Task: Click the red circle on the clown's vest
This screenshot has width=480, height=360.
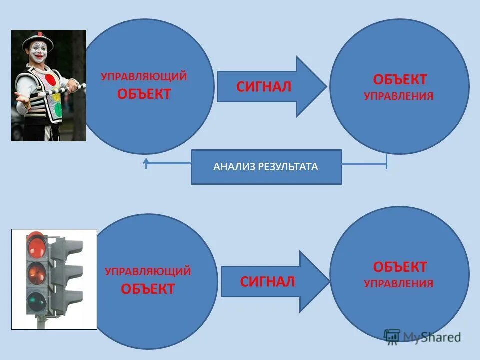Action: [51, 80]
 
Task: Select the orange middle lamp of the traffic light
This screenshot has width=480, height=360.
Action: [36, 272]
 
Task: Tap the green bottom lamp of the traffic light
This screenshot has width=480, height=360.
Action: [36, 301]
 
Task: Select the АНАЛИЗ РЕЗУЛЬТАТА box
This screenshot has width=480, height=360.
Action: [266, 167]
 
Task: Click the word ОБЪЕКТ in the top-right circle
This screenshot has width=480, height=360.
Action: [400, 79]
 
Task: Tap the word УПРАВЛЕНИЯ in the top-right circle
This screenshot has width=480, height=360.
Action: [398, 96]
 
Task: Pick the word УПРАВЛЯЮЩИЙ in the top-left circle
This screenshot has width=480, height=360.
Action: [144, 77]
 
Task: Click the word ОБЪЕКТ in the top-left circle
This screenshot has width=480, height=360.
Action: [144, 94]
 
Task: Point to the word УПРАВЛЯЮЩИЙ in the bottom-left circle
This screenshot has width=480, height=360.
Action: [148, 272]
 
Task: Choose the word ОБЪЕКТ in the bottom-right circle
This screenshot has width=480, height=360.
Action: [400, 266]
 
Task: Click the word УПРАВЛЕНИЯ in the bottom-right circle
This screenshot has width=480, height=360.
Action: [398, 284]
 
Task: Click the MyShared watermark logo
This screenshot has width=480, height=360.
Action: [422, 337]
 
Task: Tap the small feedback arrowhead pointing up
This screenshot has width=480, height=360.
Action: [146, 162]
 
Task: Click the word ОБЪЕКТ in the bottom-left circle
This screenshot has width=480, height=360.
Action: [148, 289]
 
